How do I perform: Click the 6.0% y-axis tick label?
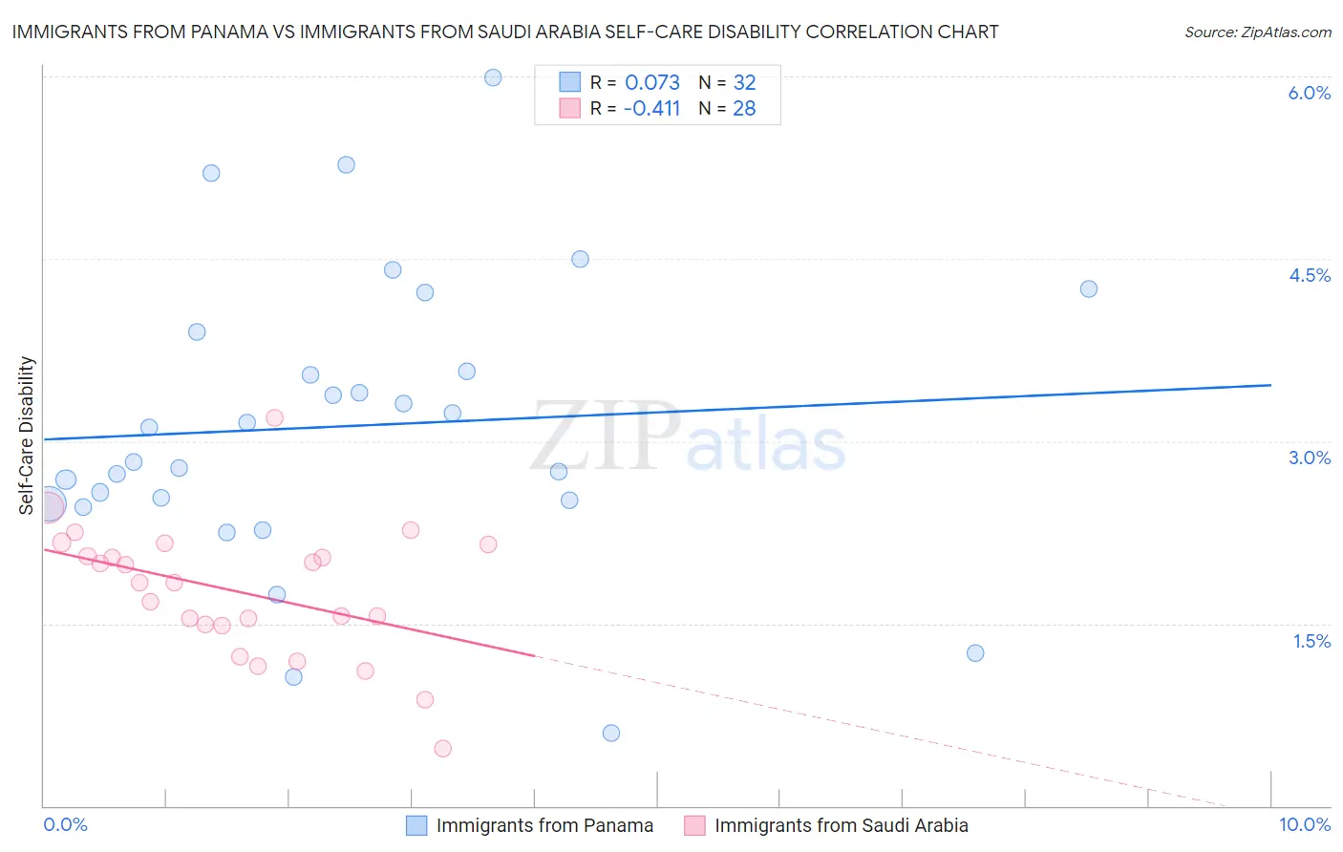click(1309, 93)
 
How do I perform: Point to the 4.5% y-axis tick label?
click(1309, 275)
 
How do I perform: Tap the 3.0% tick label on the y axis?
click(1309, 458)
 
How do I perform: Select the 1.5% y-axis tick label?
click(1311, 641)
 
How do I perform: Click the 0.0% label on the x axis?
click(65, 824)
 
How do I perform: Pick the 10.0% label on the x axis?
click(1304, 824)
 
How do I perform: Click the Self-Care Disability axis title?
click(27, 436)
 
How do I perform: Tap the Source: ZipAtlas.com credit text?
click(1257, 32)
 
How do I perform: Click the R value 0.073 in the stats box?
click(652, 83)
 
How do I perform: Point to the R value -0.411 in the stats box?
click(651, 109)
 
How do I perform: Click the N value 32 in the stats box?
click(744, 83)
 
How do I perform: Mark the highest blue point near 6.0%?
click(493, 77)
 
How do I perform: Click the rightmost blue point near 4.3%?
click(1088, 288)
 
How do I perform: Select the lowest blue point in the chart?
click(611, 733)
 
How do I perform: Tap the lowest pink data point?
click(442, 748)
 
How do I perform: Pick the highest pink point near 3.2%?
click(274, 417)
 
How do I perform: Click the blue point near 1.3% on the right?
click(975, 653)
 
